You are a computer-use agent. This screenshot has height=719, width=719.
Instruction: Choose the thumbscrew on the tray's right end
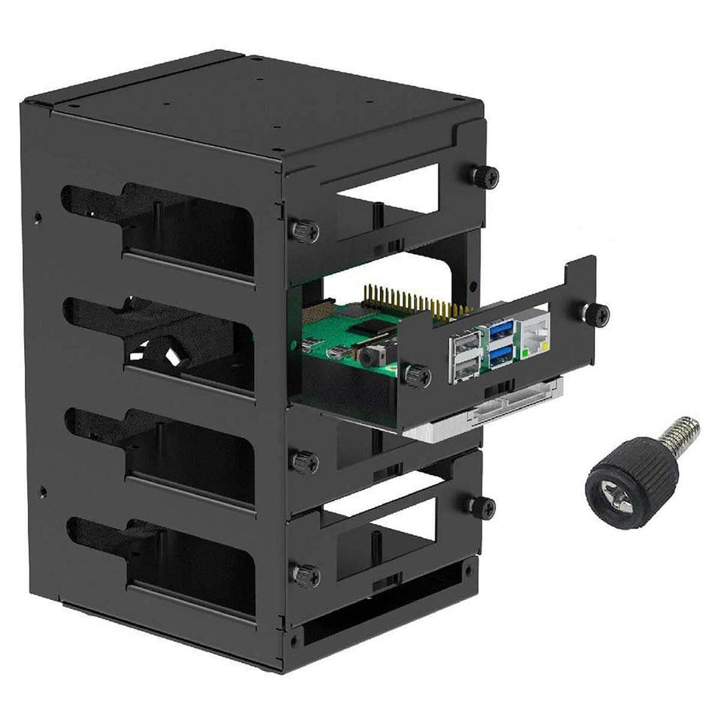click(x=594, y=313)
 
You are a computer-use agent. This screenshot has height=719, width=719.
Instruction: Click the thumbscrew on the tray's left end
click(x=415, y=374)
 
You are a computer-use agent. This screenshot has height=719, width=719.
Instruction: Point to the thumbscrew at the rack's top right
click(x=484, y=177)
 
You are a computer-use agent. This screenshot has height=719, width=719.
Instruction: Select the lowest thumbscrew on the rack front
click(x=304, y=575)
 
